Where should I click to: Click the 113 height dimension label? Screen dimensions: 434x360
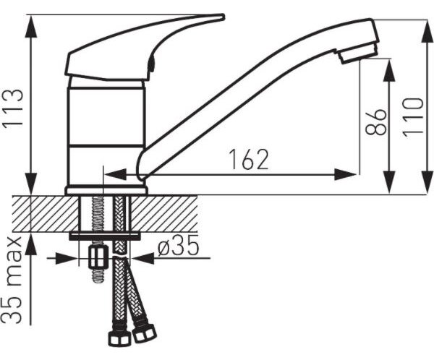[13, 108]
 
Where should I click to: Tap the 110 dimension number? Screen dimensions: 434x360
[413, 117]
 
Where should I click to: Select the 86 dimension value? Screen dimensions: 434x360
[375, 122]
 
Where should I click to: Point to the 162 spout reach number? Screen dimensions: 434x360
[249, 159]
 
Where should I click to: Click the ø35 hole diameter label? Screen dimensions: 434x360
[178, 245]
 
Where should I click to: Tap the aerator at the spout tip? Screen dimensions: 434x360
[358, 53]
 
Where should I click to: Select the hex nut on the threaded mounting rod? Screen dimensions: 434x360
[97, 257]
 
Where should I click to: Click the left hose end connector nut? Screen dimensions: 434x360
[119, 338]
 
